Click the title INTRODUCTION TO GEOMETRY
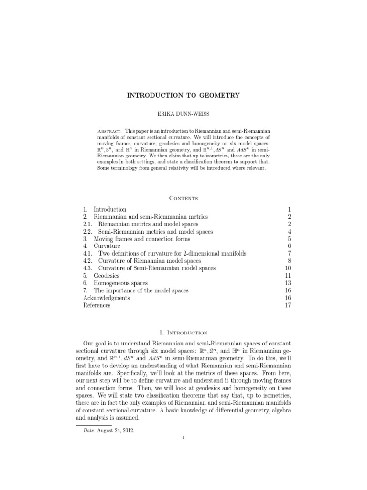pyautogui.click(x=183, y=96)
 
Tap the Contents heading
pyautogui.click(x=183, y=197)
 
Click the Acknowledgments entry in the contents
pyautogui.click(x=106, y=298)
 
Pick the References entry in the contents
pyautogui.click(x=97, y=305)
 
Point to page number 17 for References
pyautogui.click(x=288, y=305)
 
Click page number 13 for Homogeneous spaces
pyautogui.click(x=288, y=283)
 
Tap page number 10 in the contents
pyautogui.click(x=288, y=268)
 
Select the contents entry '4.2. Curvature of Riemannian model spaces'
pyautogui.click(x=142, y=261)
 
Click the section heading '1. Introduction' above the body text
pyautogui.click(x=183, y=333)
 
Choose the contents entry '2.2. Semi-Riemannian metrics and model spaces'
pyautogui.click(x=148, y=232)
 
